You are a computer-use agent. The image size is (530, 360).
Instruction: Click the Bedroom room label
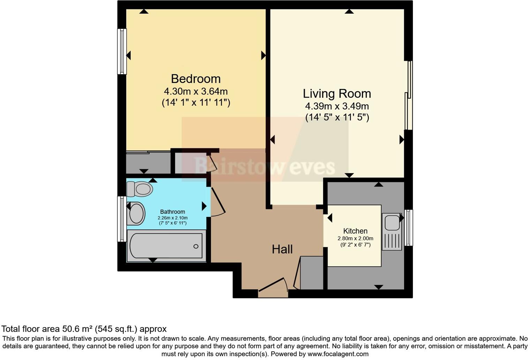(196, 78)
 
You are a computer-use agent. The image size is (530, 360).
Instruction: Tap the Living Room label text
(336, 93)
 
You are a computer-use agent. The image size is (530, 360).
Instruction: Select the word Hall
(282, 249)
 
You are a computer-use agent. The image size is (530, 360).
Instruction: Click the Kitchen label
(355, 231)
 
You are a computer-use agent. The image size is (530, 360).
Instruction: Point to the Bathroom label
(172, 212)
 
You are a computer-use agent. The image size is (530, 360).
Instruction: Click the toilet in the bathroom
(140, 189)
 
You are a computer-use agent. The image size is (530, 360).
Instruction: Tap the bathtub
(166, 246)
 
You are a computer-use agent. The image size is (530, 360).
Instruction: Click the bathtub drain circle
(196, 246)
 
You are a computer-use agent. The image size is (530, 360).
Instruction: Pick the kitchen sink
(392, 223)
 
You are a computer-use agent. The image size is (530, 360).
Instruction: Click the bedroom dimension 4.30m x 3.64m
(196, 91)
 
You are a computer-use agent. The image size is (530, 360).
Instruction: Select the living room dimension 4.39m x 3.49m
(336, 106)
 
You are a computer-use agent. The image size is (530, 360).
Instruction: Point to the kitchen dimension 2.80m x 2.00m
(355, 239)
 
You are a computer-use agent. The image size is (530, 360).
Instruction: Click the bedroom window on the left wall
(122, 51)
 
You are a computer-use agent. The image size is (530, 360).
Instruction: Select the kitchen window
(409, 227)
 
